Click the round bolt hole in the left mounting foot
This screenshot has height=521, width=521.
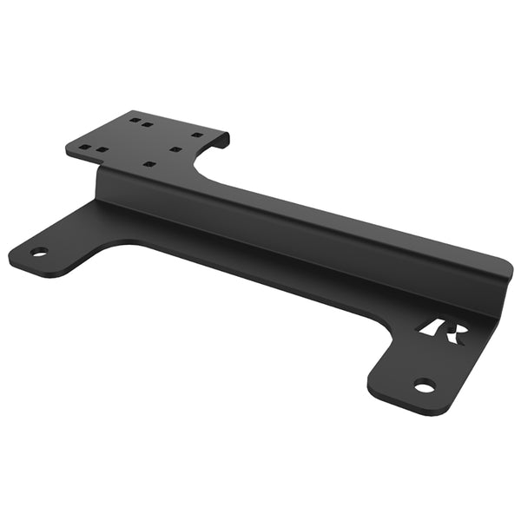pyautogui.click(x=38, y=252)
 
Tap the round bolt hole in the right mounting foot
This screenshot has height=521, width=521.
pyautogui.click(x=424, y=386)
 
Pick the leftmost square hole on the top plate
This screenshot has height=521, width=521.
pyautogui.click(x=84, y=148)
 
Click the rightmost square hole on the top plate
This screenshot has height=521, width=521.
pyautogui.click(x=197, y=135)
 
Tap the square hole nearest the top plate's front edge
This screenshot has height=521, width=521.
pyautogui.click(x=149, y=164)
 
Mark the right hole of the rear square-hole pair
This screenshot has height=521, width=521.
pyautogui.click(x=148, y=124)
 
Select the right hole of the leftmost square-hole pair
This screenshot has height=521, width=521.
pyautogui.click(x=102, y=149)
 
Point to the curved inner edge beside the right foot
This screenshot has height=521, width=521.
pyautogui.click(x=379, y=347)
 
